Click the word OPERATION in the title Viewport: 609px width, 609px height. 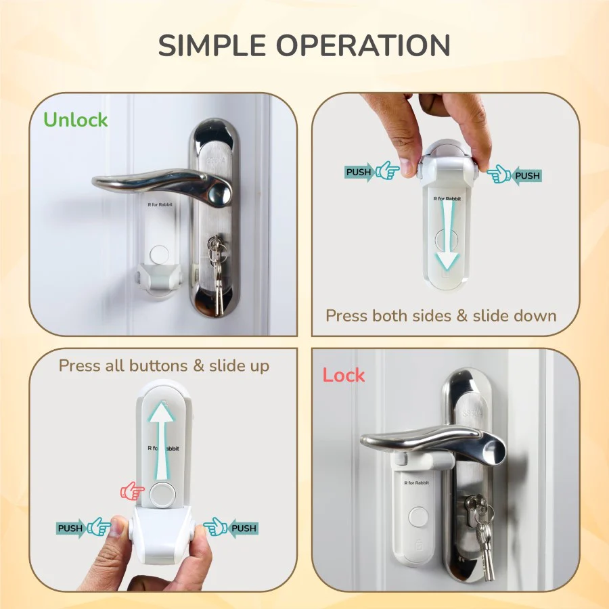point(363,45)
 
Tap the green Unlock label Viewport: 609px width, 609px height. point(75,120)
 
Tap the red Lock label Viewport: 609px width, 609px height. point(344,375)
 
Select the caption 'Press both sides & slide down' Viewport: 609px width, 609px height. point(441,316)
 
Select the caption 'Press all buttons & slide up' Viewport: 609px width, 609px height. point(164,366)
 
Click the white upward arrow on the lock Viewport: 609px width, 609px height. point(162,441)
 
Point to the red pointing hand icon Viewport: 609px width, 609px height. point(132,491)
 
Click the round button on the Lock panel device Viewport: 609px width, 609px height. point(418,518)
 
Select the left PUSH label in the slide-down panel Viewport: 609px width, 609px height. point(359,172)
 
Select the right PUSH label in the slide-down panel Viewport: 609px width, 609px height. point(527,175)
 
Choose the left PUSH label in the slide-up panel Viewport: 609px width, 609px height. point(70,528)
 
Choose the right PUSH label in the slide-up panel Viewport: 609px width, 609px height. point(244,528)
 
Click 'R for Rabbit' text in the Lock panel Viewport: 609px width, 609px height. point(416,482)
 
